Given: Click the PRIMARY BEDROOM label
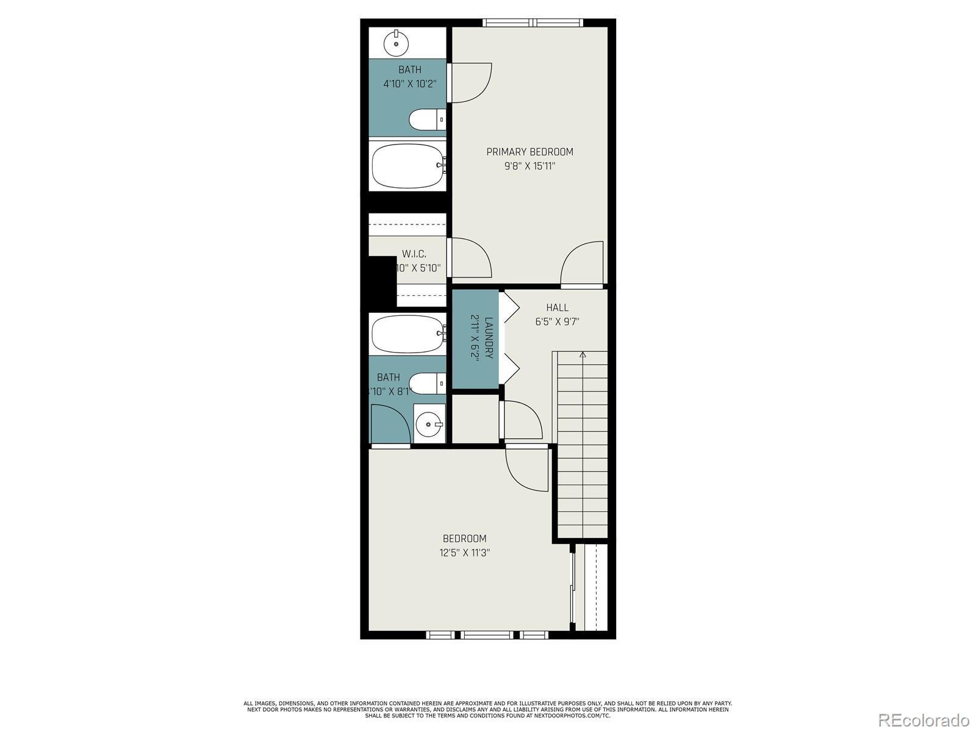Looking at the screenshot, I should [x=529, y=152].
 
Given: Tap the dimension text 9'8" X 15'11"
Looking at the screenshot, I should [x=529, y=166].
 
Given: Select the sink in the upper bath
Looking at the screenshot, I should [x=396, y=42].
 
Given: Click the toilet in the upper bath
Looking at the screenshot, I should [x=427, y=120].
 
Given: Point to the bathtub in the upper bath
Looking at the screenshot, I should [x=407, y=166].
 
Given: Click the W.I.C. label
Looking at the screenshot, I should [x=414, y=254].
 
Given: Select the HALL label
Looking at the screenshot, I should [x=557, y=308].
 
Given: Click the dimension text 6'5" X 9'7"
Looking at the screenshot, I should [x=557, y=322].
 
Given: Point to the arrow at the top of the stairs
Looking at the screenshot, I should [x=583, y=355].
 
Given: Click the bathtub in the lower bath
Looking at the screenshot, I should [x=407, y=334].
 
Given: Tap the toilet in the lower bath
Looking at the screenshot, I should [x=427, y=383].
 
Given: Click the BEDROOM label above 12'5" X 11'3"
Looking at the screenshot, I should [x=464, y=539].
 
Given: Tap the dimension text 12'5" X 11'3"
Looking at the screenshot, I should [x=464, y=553].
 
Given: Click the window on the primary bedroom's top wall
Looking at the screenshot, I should [x=533, y=23].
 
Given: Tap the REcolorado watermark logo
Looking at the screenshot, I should [x=924, y=720].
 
